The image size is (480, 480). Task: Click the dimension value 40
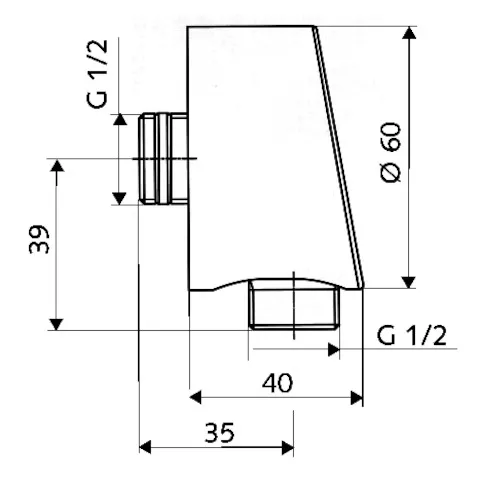[x=276, y=381]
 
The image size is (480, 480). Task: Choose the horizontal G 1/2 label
[x=411, y=335]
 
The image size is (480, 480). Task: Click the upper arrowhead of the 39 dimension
[x=57, y=165]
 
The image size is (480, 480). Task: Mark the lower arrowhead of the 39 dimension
[x=57, y=322]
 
